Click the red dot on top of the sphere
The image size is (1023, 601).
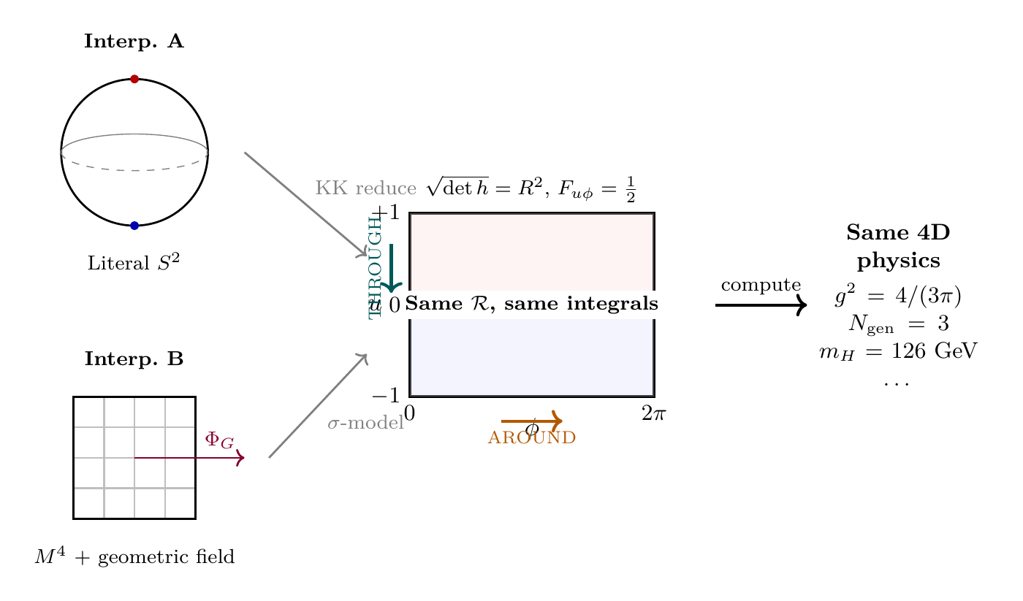pyautogui.click(x=134, y=79)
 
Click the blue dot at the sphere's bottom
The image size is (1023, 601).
pyautogui.click(x=134, y=226)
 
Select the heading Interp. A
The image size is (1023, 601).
pyautogui.click(x=134, y=42)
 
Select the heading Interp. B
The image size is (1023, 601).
pyautogui.click(x=134, y=359)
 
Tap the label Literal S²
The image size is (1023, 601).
pyautogui.click(x=134, y=263)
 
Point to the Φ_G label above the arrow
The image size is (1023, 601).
pyautogui.click(x=219, y=440)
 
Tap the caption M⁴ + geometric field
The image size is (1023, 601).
pyautogui.click(x=134, y=558)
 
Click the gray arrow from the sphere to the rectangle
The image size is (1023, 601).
pyautogui.click(x=305, y=204)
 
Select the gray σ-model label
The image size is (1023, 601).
pyautogui.click(x=365, y=424)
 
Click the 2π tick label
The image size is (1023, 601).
pyautogui.click(x=653, y=414)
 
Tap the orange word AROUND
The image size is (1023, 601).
pyautogui.click(x=532, y=438)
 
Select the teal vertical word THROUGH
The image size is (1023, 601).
pyautogui.click(x=375, y=267)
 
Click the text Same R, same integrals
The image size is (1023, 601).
pyautogui.click(x=532, y=304)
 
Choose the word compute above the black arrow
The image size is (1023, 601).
pyautogui.click(x=761, y=286)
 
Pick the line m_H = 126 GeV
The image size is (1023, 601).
pyautogui.click(x=897, y=351)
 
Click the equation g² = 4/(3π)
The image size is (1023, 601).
pyautogui.click(x=897, y=297)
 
